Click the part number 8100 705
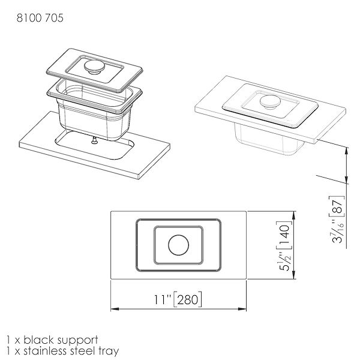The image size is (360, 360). click(40, 18)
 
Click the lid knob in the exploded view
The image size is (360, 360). click(94, 67)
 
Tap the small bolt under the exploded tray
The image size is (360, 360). click(94, 140)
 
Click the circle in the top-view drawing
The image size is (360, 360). click(178, 245)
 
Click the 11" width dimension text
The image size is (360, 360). click(163, 299)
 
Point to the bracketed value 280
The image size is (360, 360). click(188, 299)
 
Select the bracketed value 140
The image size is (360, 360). click(284, 236)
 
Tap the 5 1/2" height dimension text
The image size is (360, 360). click(285, 261)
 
